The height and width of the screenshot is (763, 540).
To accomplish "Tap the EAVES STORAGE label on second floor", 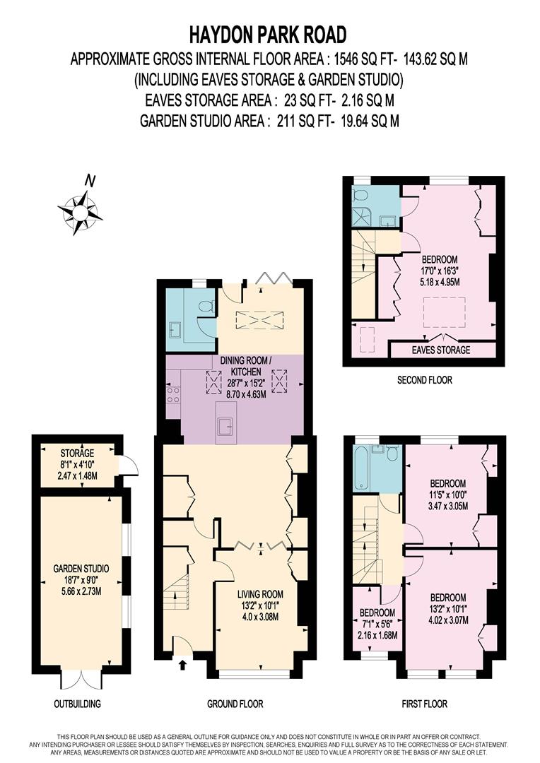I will click(441, 350).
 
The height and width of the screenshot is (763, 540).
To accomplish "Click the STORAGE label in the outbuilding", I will click(77, 453).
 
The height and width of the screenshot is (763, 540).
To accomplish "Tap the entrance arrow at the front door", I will click(182, 663).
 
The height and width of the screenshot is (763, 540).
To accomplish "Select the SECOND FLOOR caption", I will click(424, 380).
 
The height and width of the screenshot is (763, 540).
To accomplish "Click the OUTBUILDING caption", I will click(77, 704).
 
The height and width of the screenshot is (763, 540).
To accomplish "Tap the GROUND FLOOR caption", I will click(235, 704).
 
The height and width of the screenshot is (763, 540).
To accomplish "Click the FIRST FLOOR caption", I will click(423, 704).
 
